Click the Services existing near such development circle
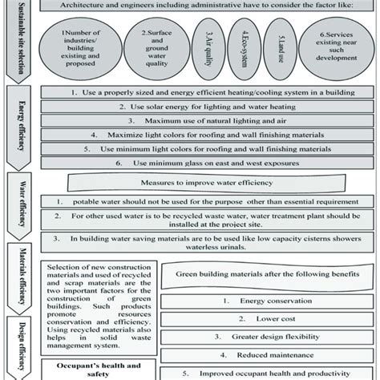tap(335, 48)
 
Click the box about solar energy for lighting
tap(208, 107)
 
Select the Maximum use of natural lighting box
tap(208, 121)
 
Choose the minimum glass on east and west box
tap(208, 163)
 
